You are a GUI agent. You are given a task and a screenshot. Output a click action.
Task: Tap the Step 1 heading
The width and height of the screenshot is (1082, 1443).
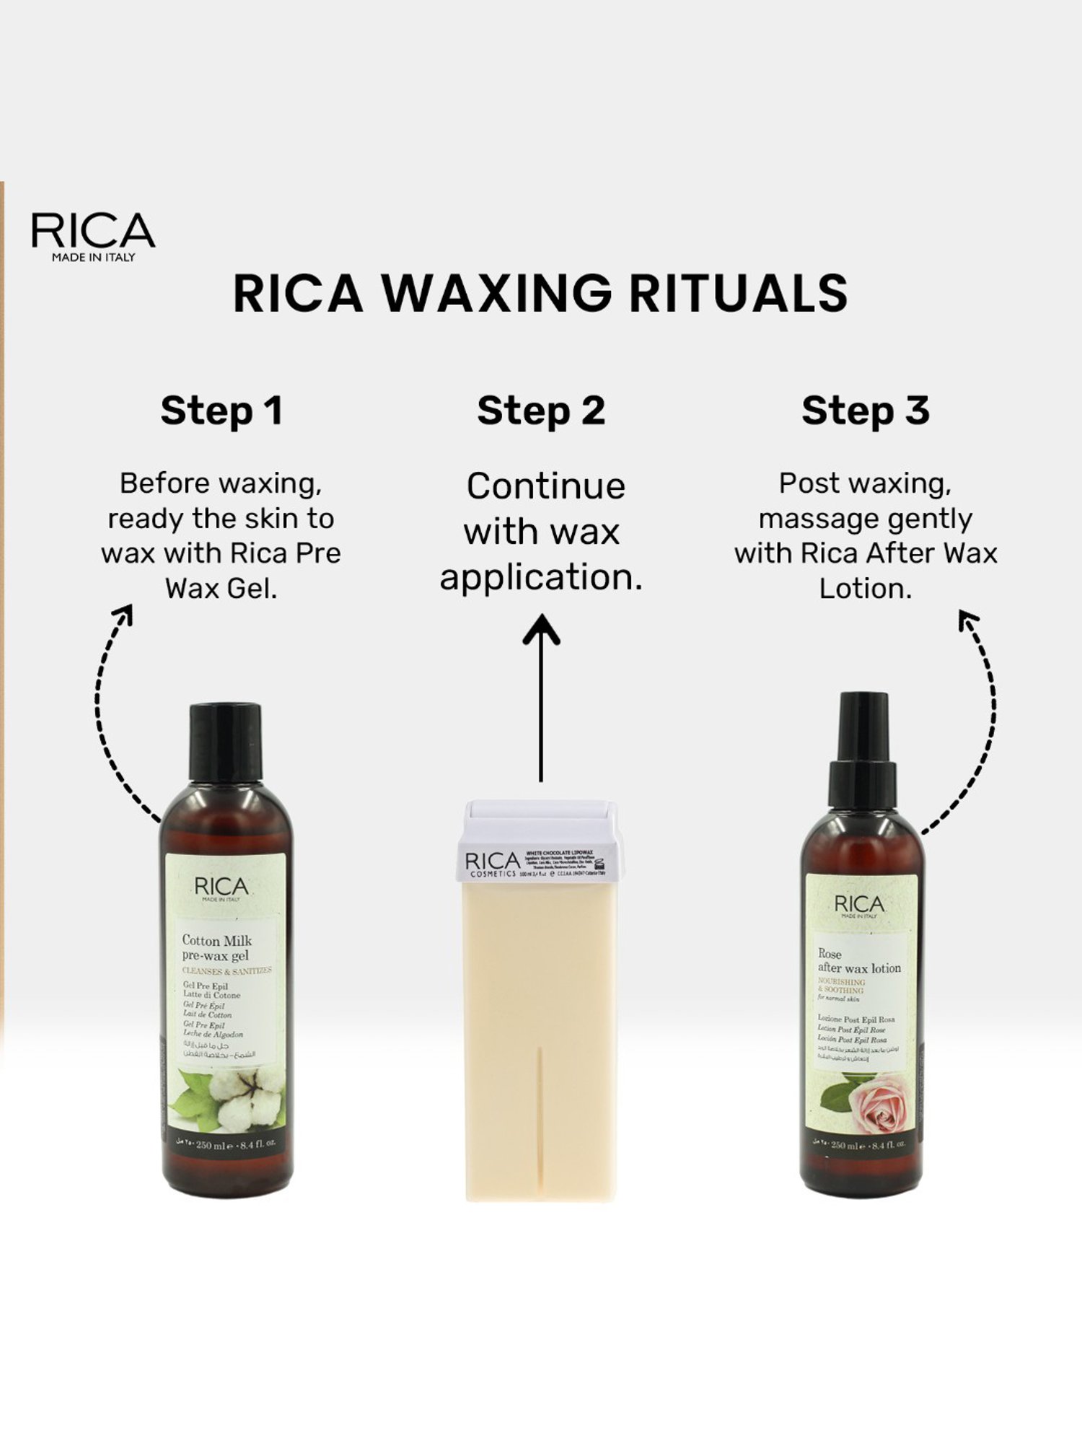pos(221,411)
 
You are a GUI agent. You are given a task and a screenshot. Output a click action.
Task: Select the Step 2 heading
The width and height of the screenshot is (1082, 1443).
pos(541,411)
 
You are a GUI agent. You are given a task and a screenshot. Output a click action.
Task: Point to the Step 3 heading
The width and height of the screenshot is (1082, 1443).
pos(865,411)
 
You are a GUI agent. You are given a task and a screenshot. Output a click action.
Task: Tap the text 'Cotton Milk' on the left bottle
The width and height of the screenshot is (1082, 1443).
pos(216,940)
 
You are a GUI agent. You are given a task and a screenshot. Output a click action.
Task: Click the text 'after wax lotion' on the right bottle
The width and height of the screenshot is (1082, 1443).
pos(859,968)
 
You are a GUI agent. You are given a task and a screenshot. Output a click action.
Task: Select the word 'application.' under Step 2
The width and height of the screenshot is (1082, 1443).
pos(541,577)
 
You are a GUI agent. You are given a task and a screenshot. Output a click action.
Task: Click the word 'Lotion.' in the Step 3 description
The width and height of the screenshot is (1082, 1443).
pos(865,589)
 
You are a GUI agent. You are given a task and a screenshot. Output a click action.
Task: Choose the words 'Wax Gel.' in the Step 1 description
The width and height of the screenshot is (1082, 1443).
pos(221,589)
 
